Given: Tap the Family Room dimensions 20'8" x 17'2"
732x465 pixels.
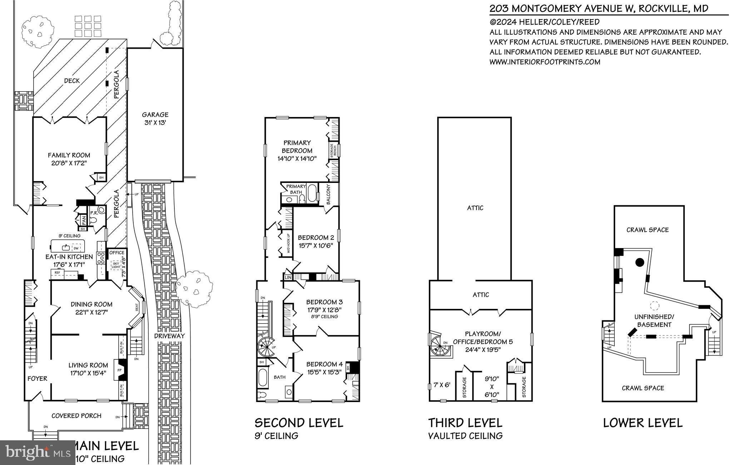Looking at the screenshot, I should point(69,163).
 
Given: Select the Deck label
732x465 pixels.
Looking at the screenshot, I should point(72,81).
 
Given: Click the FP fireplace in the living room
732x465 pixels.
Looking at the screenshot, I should point(120,370).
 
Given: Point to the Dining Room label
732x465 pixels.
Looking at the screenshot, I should point(91,304).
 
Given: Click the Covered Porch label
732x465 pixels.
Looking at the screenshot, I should point(76,416).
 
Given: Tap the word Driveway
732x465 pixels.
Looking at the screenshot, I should point(169,336).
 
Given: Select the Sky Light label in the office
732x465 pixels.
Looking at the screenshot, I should point(116,265).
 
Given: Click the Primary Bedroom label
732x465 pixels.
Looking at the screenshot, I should point(297,146).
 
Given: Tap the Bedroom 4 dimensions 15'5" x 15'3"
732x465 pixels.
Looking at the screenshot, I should point(325,372).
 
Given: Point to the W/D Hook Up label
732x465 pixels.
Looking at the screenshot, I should point(287,243).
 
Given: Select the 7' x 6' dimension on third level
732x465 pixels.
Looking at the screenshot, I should point(442,385).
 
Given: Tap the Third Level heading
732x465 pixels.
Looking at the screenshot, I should point(465,423).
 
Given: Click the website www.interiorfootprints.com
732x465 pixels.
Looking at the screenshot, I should point(544,62).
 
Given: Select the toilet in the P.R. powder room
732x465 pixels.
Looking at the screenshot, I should point(94,221).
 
